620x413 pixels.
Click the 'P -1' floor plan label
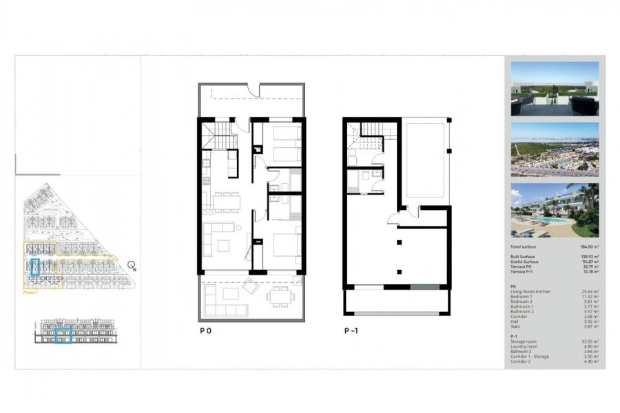(351, 330)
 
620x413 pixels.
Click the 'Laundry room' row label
(523, 346)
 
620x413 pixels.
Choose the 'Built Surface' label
(524, 257)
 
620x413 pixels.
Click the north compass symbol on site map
(132, 265)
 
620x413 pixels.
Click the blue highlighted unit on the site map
(36, 266)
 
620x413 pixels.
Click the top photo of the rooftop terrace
(555, 89)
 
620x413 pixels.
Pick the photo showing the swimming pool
(555, 210)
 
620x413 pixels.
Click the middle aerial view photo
(555, 149)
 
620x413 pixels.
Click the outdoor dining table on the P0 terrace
(279, 296)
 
